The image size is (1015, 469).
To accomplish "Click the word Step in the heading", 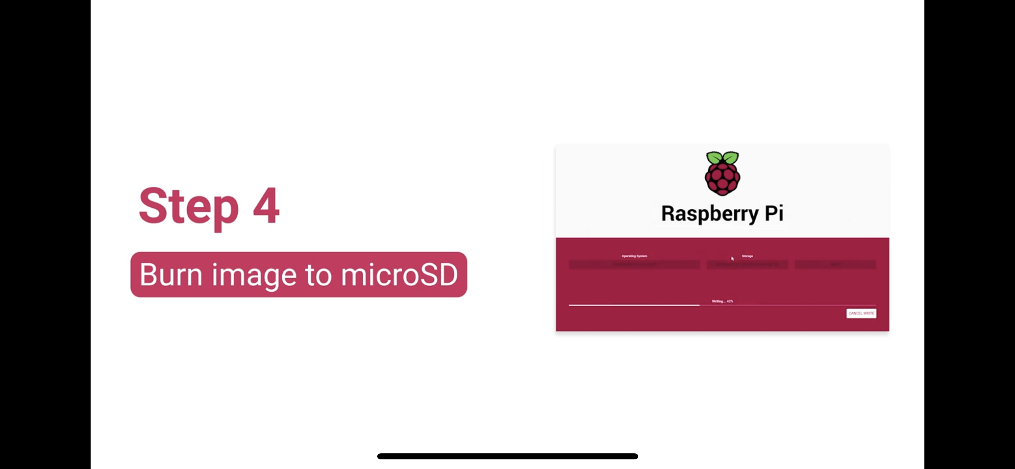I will (188, 206).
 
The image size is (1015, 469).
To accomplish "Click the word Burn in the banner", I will (171, 275).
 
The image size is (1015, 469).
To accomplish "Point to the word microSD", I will (399, 275).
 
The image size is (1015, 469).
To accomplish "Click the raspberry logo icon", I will (722, 174).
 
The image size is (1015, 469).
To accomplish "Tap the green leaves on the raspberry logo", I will (722, 158).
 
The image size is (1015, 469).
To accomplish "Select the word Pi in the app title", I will (774, 213).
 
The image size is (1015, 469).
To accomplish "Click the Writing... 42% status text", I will (722, 301).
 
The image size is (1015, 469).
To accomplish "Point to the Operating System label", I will (634, 256).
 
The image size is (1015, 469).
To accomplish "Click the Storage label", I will (747, 256).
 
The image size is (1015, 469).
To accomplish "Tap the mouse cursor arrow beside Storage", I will (732, 259).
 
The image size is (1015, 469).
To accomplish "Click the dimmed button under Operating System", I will (634, 265).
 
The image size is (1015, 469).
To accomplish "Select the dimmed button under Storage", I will (747, 265).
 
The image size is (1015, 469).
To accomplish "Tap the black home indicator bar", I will (507, 456).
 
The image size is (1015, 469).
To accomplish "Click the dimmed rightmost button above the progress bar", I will (835, 265).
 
